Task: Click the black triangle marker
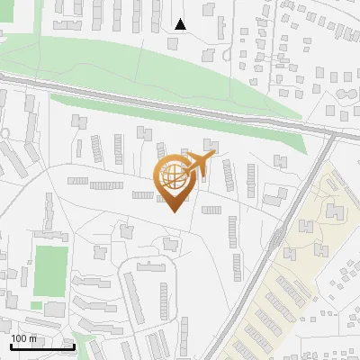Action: tap(181, 23)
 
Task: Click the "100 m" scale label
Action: tap(23, 338)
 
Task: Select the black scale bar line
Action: tap(41, 346)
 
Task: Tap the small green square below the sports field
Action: tap(36, 306)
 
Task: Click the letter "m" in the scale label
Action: tap(32, 338)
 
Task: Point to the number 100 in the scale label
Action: tap(19, 338)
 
